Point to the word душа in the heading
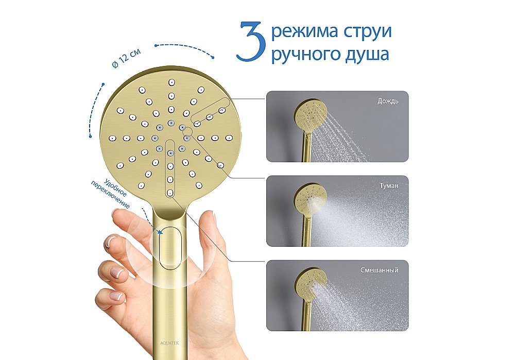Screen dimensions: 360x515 369,54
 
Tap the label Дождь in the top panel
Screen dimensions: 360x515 388,101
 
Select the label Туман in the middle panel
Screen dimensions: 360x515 388,185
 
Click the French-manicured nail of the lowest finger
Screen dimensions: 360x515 117,296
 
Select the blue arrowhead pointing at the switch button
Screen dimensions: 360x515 162,233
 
